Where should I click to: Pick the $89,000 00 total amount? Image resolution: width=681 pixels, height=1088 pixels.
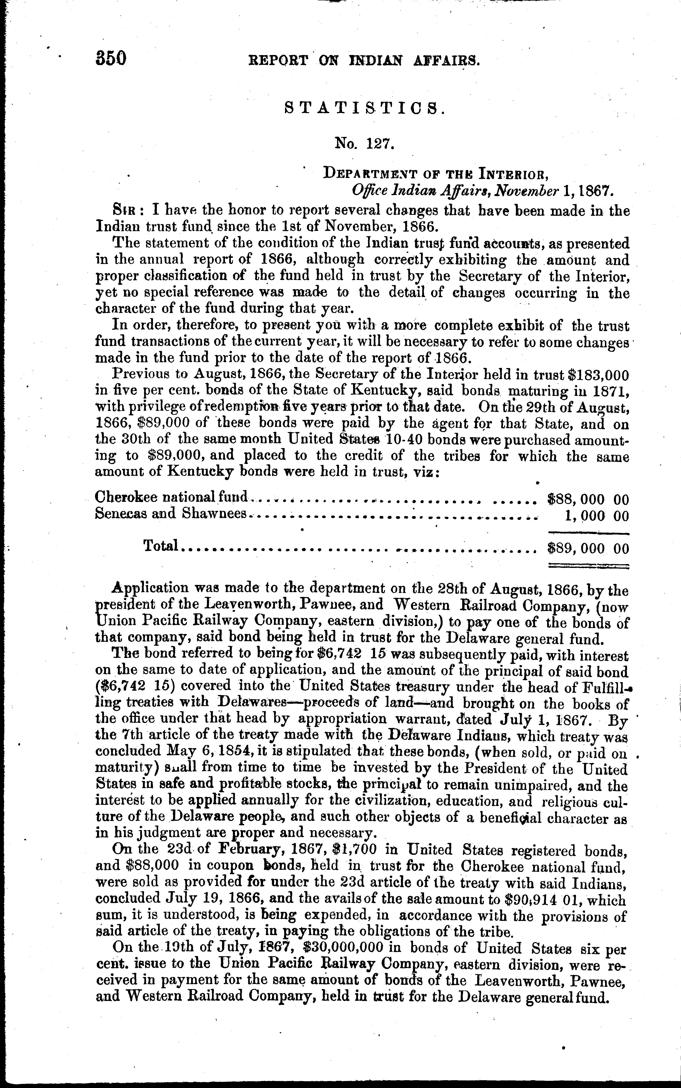(587, 548)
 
